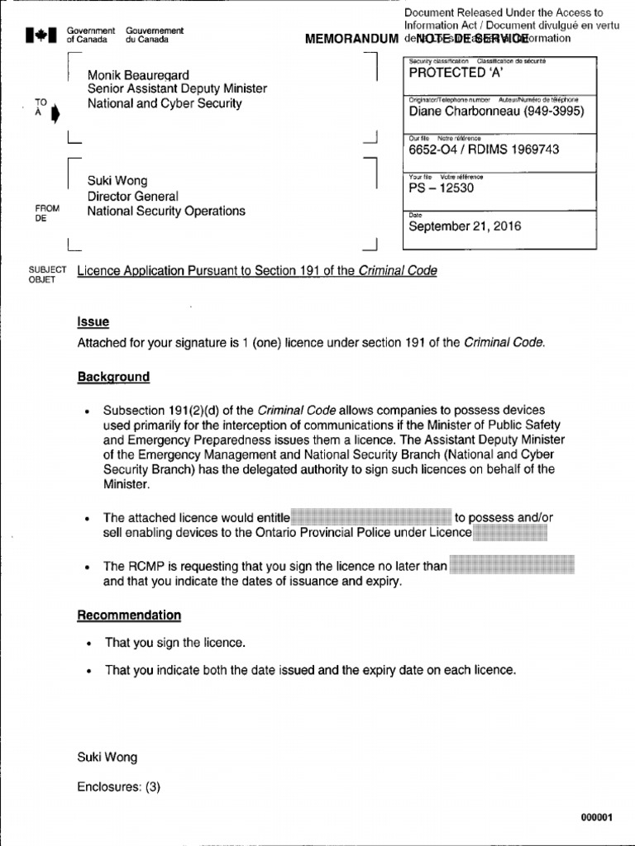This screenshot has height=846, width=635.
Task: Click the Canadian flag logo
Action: click(41, 35)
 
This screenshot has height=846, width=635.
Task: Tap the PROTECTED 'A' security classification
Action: click(451, 73)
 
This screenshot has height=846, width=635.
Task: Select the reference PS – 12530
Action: click(442, 188)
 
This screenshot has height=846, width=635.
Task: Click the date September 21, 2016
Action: click(465, 226)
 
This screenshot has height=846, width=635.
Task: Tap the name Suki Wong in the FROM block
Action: click(117, 181)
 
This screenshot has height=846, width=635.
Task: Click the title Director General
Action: click(132, 196)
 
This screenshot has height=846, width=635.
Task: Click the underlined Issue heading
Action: click(93, 322)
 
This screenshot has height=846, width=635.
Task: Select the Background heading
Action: click(113, 377)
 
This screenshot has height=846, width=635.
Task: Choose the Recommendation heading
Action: click(129, 615)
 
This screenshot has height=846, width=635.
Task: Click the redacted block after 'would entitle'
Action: click(370, 517)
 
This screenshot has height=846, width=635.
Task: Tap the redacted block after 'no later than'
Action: click(511, 566)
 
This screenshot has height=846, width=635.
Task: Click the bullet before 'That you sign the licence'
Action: click(87, 644)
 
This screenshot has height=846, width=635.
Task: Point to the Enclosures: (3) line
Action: click(118, 787)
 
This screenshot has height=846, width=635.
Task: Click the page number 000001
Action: click(596, 817)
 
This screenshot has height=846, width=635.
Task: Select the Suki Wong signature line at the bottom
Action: click(107, 757)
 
